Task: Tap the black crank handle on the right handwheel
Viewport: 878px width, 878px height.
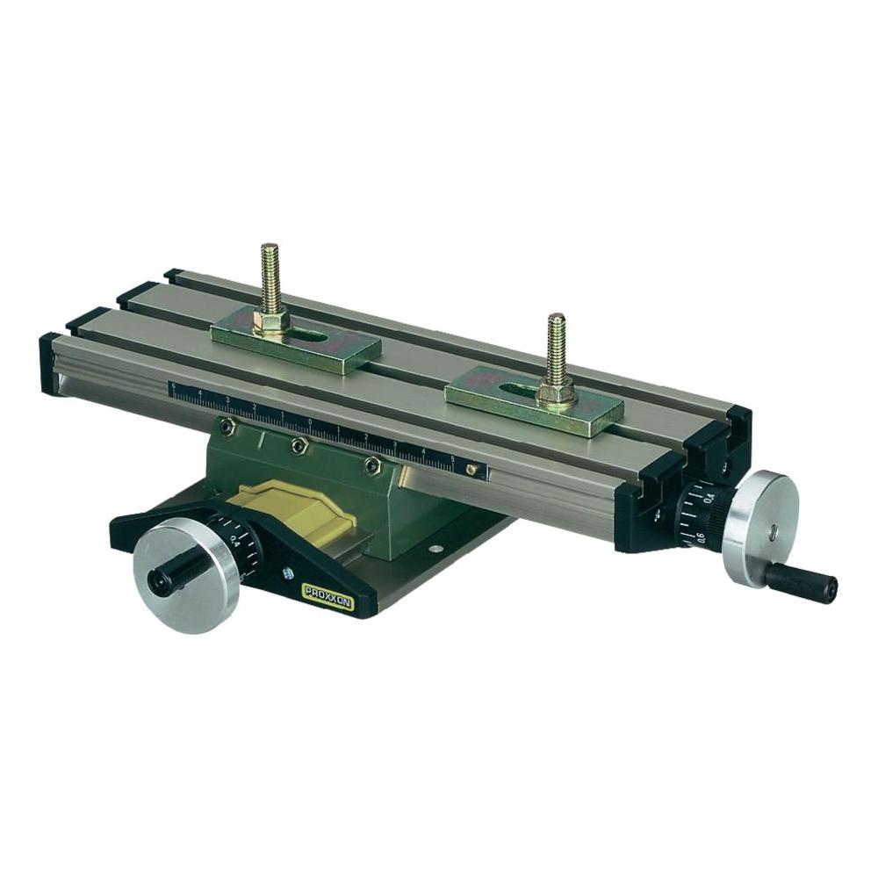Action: point(800,581)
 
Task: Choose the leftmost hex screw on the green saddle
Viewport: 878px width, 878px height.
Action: point(227,427)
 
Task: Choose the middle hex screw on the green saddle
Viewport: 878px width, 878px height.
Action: point(299,446)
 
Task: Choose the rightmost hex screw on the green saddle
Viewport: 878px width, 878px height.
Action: point(372,464)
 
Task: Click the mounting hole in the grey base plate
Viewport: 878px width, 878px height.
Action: point(433,550)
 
